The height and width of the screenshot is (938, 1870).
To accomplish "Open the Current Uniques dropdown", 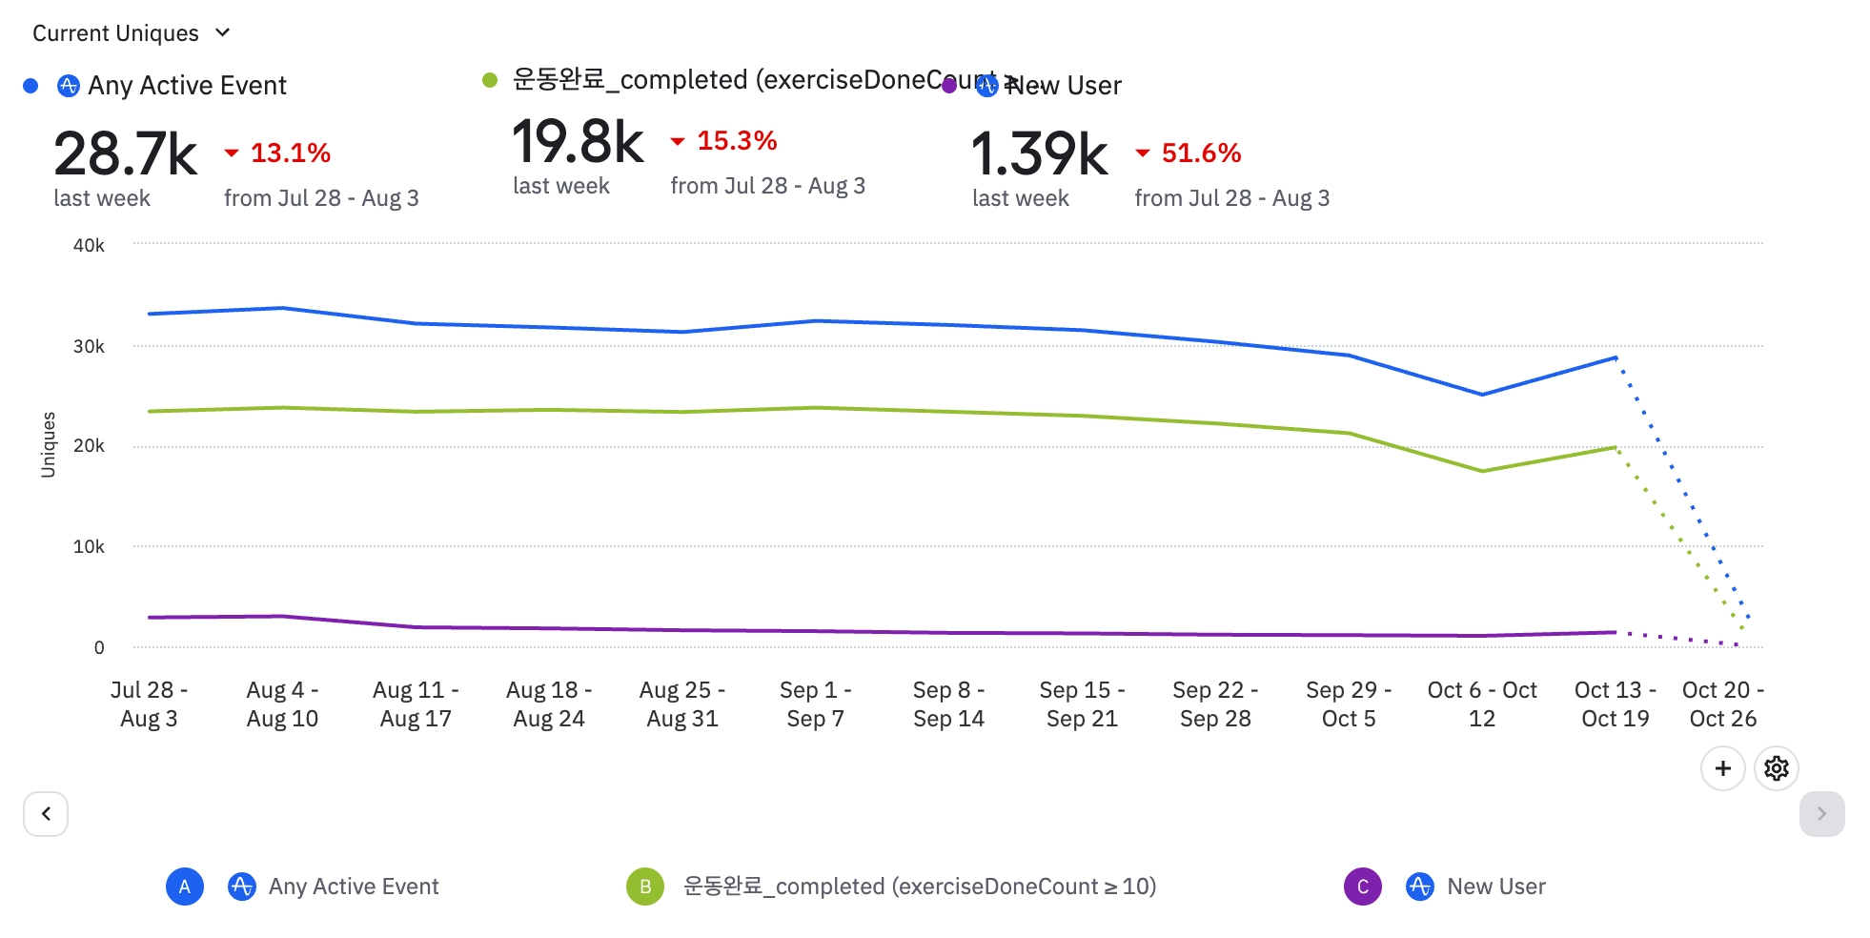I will (132, 33).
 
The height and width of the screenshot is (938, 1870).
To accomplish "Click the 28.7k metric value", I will (125, 154).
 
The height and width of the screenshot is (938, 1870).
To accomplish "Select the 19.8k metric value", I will (578, 142).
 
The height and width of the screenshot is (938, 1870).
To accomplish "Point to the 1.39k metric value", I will (1039, 154).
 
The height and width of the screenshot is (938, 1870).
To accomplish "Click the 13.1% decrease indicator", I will (290, 153).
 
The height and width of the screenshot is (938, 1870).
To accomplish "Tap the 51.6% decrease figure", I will (1200, 153).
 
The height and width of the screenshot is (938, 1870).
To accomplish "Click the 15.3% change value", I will (736, 141).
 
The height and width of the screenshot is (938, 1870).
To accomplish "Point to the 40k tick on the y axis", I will (89, 245).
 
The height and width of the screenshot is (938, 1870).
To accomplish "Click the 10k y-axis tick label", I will (89, 546).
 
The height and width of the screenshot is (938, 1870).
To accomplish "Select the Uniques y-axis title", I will (49, 444).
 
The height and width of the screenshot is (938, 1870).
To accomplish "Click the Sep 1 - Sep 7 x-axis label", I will (815, 703).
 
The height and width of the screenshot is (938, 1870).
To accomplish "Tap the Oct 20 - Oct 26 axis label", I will (1722, 703).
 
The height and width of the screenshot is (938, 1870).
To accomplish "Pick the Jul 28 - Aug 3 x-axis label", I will (149, 703).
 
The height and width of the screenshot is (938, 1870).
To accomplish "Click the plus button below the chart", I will (1722, 768).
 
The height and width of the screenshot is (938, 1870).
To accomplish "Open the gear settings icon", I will (1776, 768).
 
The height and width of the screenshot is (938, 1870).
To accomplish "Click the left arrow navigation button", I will (46, 814).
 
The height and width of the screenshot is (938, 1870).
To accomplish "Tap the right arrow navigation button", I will (1821, 814).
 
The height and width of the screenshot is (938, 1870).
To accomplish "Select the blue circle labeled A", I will (185, 887).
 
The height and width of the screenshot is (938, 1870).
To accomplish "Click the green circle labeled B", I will (645, 887).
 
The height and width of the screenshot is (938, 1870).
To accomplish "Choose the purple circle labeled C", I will (1362, 887).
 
